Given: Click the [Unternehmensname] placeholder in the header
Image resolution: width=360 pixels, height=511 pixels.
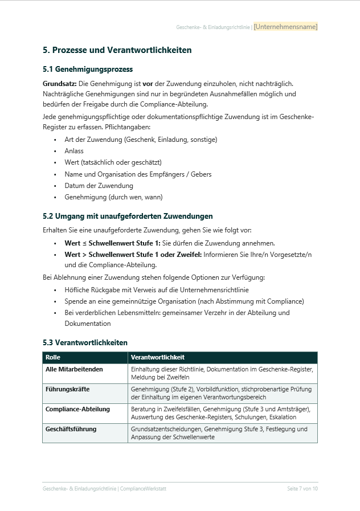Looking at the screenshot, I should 285,26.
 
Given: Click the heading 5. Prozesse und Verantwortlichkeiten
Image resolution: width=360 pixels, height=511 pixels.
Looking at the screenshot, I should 117,50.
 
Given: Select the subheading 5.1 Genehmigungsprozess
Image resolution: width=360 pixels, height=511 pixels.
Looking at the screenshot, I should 80,70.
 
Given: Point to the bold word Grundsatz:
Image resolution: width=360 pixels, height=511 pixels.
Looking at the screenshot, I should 59,84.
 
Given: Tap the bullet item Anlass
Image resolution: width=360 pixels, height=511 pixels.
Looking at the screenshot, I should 74,151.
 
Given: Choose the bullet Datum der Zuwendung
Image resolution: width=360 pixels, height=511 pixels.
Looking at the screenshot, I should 99,186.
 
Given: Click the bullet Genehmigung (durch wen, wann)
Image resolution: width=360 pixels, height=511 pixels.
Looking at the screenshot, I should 113,197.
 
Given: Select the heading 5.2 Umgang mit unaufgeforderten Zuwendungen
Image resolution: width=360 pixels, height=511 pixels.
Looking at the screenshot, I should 128,216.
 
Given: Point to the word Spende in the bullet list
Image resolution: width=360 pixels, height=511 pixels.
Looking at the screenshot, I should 75,301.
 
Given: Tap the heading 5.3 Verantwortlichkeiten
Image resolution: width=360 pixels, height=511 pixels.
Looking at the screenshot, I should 85,342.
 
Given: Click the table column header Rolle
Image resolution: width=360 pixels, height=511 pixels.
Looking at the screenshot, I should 53,357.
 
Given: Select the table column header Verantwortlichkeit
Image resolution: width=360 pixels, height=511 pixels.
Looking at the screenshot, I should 157,357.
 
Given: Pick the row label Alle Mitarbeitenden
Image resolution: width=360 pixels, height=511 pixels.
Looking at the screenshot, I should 74,369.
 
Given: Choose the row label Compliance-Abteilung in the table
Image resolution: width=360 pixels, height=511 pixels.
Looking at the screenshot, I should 77,409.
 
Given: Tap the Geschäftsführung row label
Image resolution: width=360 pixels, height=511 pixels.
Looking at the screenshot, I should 71,429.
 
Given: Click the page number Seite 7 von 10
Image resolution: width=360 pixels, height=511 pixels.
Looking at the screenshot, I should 302,489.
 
